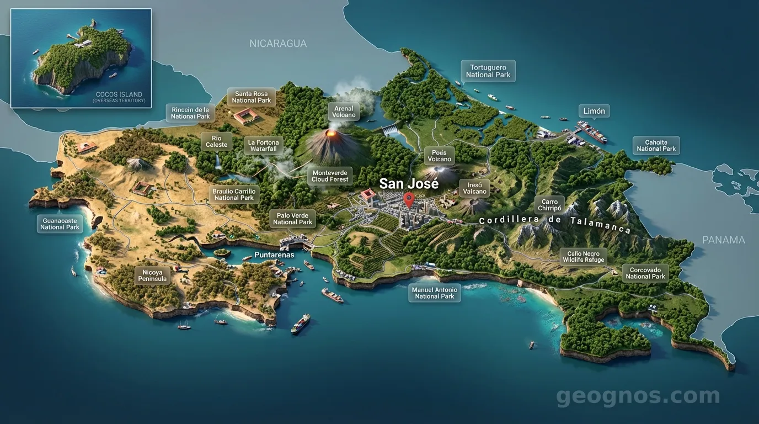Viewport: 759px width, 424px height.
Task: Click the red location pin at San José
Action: coord(409,199)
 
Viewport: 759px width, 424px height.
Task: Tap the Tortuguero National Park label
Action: coord(488,71)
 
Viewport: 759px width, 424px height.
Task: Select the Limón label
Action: coord(594,111)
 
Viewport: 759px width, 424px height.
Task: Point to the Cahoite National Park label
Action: coord(656,145)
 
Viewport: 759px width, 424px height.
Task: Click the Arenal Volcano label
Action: coord(344,112)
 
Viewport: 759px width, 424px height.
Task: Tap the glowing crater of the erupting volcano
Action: coord(332,133)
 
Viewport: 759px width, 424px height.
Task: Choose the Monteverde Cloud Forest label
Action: coord(330,176)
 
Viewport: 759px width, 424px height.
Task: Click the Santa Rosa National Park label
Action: coord(252,97)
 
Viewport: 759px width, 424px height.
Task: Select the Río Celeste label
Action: coord(216,141)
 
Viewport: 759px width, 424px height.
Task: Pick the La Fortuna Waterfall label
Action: coord(264,146)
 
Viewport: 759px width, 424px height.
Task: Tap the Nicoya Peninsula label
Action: coord(152,275)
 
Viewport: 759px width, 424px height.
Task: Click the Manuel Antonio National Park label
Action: coord(435,293)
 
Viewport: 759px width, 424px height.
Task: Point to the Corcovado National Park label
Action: coord(645,273)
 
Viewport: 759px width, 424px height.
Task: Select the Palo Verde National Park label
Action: coord(293,219)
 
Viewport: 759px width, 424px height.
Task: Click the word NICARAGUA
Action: coord(278,44)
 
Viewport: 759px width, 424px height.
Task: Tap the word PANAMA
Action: coord(723,240)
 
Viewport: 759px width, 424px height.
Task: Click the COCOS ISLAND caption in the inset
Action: coord(119,94)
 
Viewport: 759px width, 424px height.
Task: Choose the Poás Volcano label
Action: coord(440,156)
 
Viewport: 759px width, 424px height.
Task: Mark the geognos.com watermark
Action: coord(638,396)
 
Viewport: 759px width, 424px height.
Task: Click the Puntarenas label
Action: coord(274,255)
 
